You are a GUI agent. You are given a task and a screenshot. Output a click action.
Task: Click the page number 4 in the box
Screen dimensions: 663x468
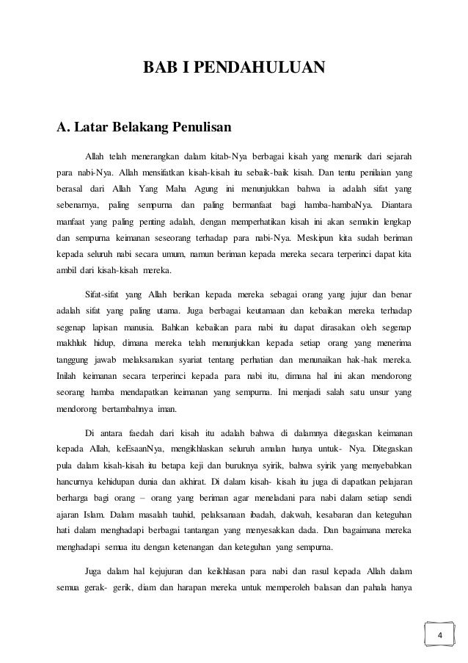click(440, 635)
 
